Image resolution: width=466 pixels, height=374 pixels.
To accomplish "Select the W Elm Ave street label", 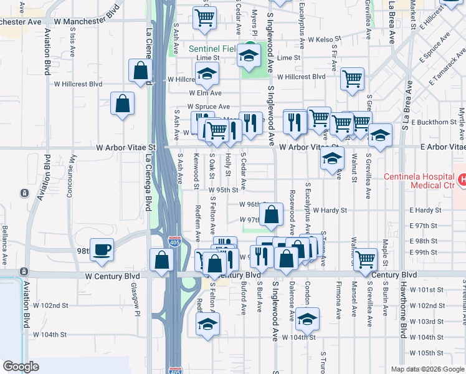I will pos(204,93).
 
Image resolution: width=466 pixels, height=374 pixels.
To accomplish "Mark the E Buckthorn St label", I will pos(434,122).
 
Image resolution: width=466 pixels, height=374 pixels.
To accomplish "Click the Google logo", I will pos(21,366).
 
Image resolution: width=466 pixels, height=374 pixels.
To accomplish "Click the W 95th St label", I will pos(224,189).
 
